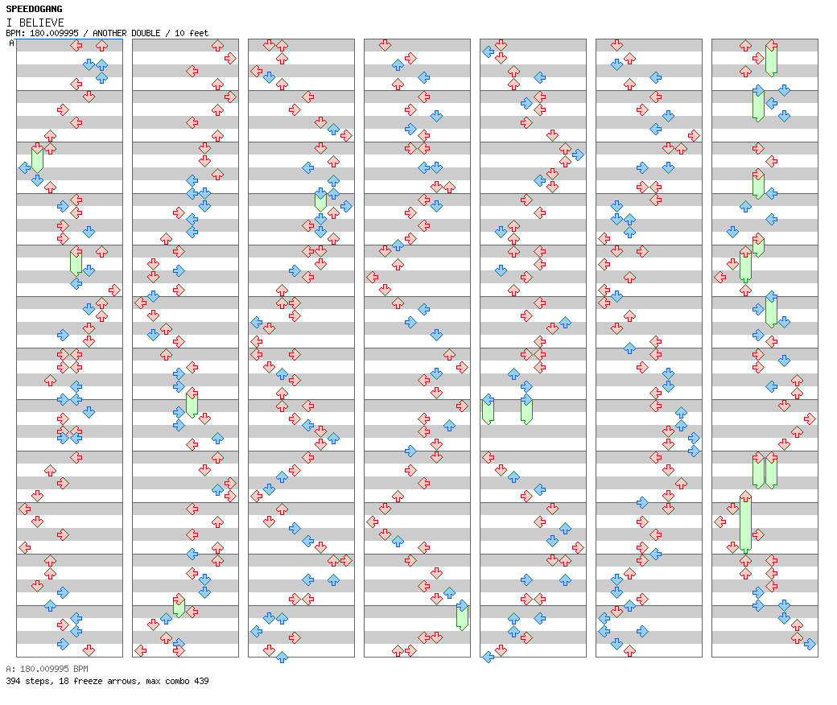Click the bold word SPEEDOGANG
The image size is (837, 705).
34,9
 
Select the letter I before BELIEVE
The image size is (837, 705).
8,23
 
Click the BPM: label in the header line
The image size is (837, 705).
14,33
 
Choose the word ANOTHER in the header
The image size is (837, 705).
110,33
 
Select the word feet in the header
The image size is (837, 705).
196,33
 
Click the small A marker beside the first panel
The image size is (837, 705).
11,43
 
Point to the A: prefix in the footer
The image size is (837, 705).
10,669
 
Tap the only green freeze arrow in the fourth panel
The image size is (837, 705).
462,616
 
